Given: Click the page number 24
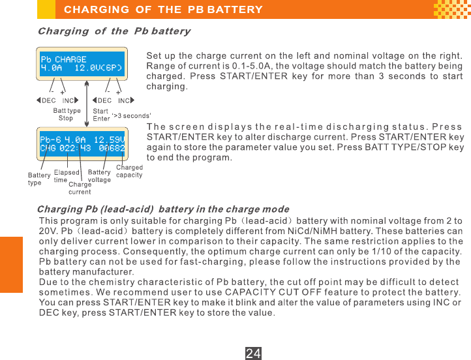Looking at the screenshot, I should (253, 353).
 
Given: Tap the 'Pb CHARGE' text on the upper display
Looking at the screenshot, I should (63, 59).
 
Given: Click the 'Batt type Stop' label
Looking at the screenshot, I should (67, 115).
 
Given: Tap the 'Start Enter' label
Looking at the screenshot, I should (101, 115).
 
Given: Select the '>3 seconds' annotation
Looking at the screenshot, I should (132, 115).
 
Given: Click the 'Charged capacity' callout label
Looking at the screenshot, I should (129, 172).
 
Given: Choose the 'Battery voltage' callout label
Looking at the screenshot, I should (100, 176).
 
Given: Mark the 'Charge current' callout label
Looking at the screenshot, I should (80, 188).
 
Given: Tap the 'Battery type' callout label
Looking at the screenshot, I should (39, 179).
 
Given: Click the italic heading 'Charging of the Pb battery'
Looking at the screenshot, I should (114, 31).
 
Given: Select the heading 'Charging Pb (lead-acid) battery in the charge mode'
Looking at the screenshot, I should (164, 209).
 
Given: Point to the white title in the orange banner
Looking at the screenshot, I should (163, 10).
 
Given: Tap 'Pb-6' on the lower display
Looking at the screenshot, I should (50, 140).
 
